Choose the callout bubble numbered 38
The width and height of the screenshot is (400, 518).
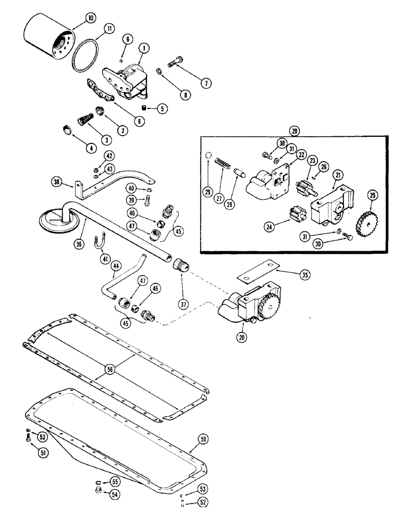[x=56, y=181]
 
